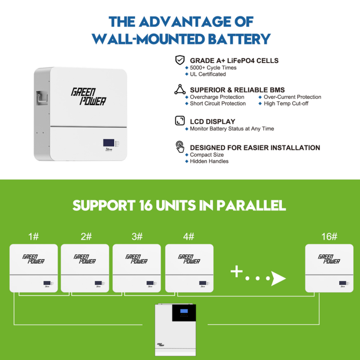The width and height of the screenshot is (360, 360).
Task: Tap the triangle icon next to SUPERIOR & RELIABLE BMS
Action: pos(179,90)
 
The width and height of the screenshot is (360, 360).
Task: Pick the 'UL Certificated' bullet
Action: pos(208,74)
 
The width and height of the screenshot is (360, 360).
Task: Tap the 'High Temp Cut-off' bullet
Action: pos(286,104)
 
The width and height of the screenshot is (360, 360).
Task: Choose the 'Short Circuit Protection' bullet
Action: pos(218,104)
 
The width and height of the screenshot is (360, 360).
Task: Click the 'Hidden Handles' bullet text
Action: pos(209,162)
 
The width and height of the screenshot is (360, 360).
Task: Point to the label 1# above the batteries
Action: pos(33,237)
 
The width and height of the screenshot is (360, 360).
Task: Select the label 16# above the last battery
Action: pos(329,237)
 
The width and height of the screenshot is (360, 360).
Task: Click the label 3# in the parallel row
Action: pos(137,237)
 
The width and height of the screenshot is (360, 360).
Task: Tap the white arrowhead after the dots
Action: pos(278,278)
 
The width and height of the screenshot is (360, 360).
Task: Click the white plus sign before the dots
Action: pos(237,272)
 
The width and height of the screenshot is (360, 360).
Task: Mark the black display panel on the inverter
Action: pos(184,313)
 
